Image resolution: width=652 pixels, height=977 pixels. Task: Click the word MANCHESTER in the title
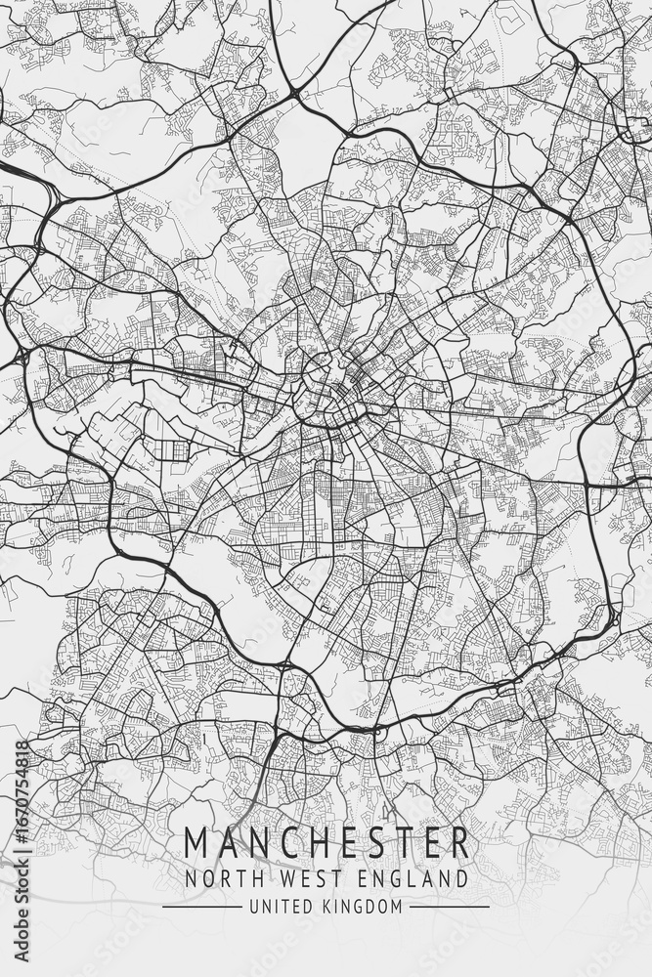(x=326, y=842)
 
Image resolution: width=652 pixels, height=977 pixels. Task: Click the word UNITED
(x=276, y=907)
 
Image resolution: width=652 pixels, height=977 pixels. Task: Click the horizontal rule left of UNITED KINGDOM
(x=200, y=907)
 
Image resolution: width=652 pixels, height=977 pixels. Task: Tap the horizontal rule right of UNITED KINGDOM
(x=449, y=907)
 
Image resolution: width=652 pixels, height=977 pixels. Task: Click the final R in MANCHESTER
(x=458, y=842)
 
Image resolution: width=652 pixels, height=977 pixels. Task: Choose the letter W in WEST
(x=276, y=878)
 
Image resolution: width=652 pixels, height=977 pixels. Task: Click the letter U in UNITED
(x=253, y=907)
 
